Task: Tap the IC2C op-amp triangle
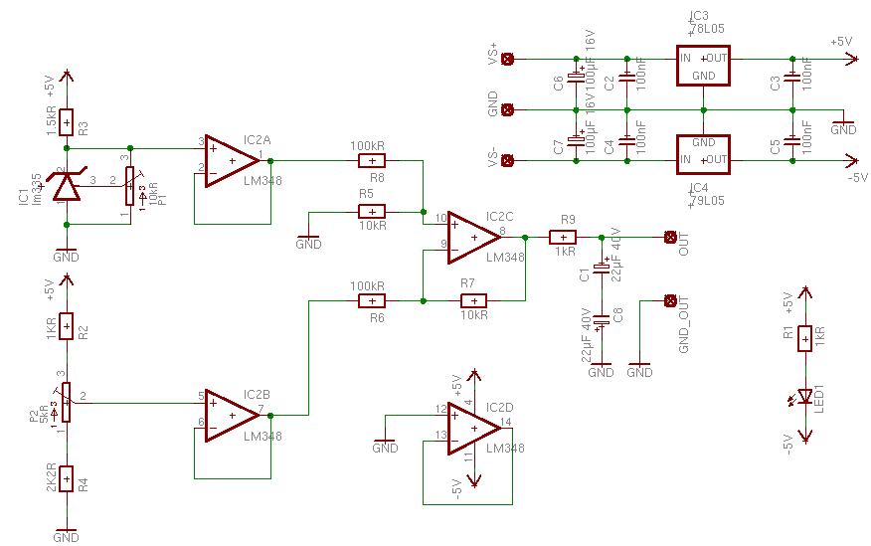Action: coord(471,237)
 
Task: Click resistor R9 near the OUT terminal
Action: coord(562,237)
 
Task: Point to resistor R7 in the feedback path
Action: coord(472,300)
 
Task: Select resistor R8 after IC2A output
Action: coord(371,159)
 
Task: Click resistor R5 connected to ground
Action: coord(371,211)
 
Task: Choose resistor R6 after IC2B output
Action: coord(371,300)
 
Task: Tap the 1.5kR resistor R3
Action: coord(66,122)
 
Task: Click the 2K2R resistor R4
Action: coord(66,480)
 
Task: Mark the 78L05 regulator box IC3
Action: coord(703,66)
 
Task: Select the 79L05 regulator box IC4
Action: coord(703,152)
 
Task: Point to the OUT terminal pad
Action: coord(669,237)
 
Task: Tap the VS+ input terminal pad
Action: coord(508,59)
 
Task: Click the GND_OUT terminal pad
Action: coord(669,300)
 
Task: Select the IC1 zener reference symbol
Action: coord(66,185)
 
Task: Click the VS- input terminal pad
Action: coord(508,160)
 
